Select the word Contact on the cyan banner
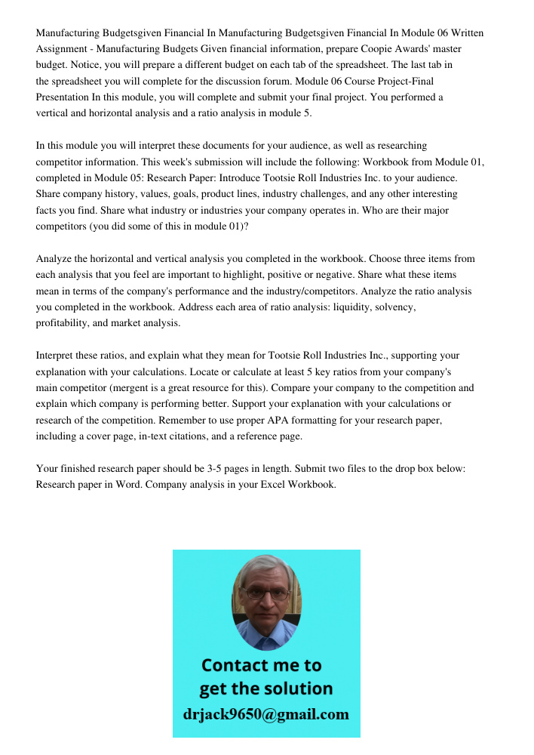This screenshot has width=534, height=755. (234, 665)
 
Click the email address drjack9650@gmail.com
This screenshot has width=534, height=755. (266, 714)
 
